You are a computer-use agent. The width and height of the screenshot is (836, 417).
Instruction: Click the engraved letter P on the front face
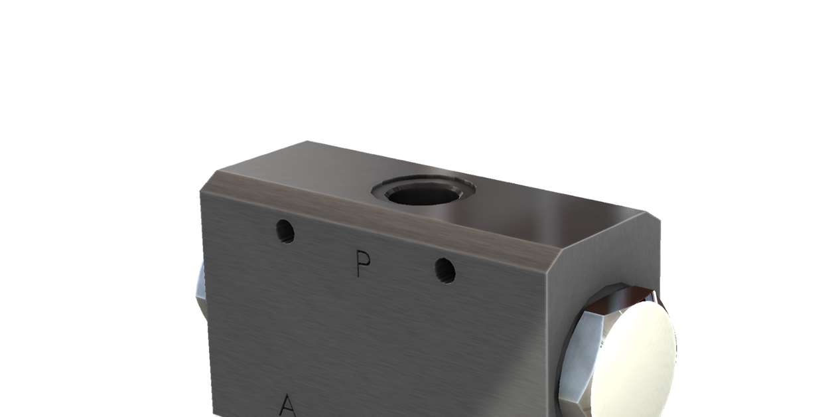click(362, 265)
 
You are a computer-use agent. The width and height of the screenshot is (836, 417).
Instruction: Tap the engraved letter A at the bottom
click(287, 405)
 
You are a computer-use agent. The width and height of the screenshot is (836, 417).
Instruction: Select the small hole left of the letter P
click(285, 231)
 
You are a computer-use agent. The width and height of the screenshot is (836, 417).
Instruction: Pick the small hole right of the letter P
click(445, 270)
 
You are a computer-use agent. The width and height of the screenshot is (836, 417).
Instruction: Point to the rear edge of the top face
click(478, 176)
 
